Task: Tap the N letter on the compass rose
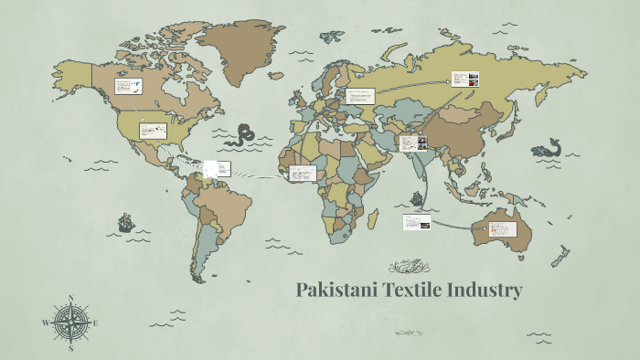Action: click(x=71, y=299)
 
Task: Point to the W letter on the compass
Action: click(x=45, y=323)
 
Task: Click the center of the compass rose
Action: click(x=70, y=323)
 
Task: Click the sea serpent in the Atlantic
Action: click(x=244, y=136)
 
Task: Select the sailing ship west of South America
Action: click(x=125, y=222)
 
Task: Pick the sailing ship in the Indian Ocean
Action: click(x=418, y=196)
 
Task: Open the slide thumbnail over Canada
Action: click(x=128, y=88)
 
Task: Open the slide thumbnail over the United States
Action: click(x=153, y=131)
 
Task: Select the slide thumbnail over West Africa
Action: click(x=302, y=173)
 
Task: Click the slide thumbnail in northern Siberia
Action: click(x=463, y=79)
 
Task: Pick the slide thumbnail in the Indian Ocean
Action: click(x=416, y=222)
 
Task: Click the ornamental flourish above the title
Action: click(x=410, y=267)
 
